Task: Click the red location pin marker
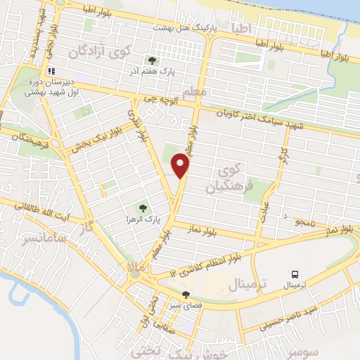tap(181, 165)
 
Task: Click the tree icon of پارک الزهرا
tap(143, 208)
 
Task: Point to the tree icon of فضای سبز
tap(186, 295)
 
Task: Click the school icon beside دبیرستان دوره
tap(51, 71)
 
